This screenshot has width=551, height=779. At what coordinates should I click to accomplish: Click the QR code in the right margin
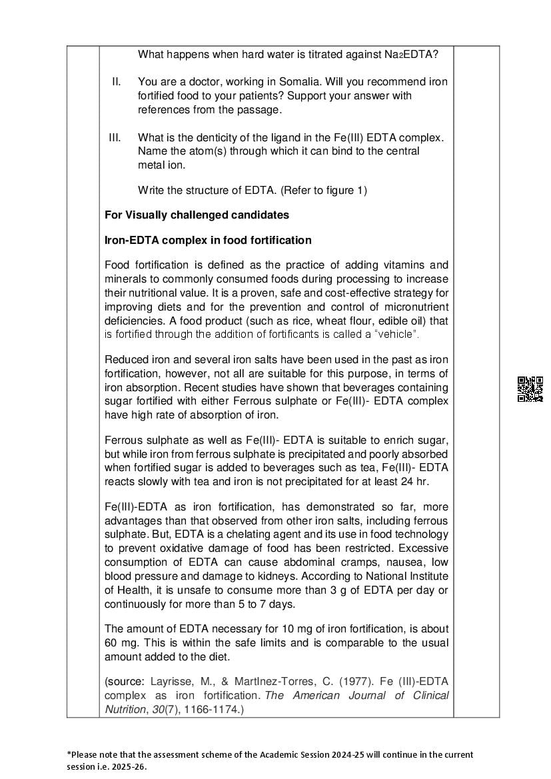[530, 389]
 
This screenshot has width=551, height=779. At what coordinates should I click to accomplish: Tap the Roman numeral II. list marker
[116, 81]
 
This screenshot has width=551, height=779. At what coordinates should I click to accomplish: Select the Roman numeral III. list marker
[115, 137]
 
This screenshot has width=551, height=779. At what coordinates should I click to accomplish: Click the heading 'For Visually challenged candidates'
[197, 215]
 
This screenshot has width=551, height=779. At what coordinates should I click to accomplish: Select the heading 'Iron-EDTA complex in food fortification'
[208, 240]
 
